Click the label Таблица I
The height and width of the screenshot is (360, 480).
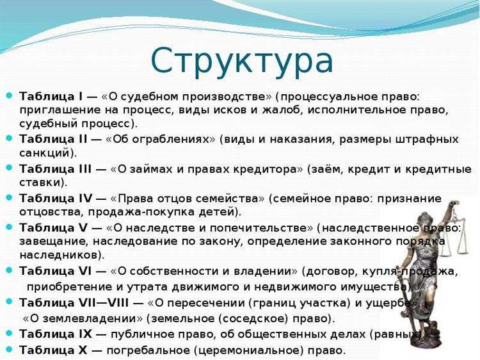[x=51, y=96]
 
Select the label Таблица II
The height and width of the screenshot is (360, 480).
[x=54, y=139]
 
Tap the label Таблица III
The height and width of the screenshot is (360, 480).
[x=56, y=168]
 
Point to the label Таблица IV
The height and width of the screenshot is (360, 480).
[x=56, y=199]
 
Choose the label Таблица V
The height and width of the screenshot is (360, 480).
[x=54, y=227]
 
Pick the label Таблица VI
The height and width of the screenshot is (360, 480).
[x=56, y=272]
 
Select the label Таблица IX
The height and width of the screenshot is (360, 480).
[x=56, y=334]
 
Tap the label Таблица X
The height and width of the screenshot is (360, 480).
[x=54, y=350]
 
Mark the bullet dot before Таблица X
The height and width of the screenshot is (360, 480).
[x=9, y=350]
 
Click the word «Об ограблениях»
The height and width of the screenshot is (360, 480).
[x=163, y=139]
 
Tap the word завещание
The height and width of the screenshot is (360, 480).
[x=52, y=241]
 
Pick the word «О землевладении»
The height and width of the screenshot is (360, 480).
[x=83, y=318]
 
